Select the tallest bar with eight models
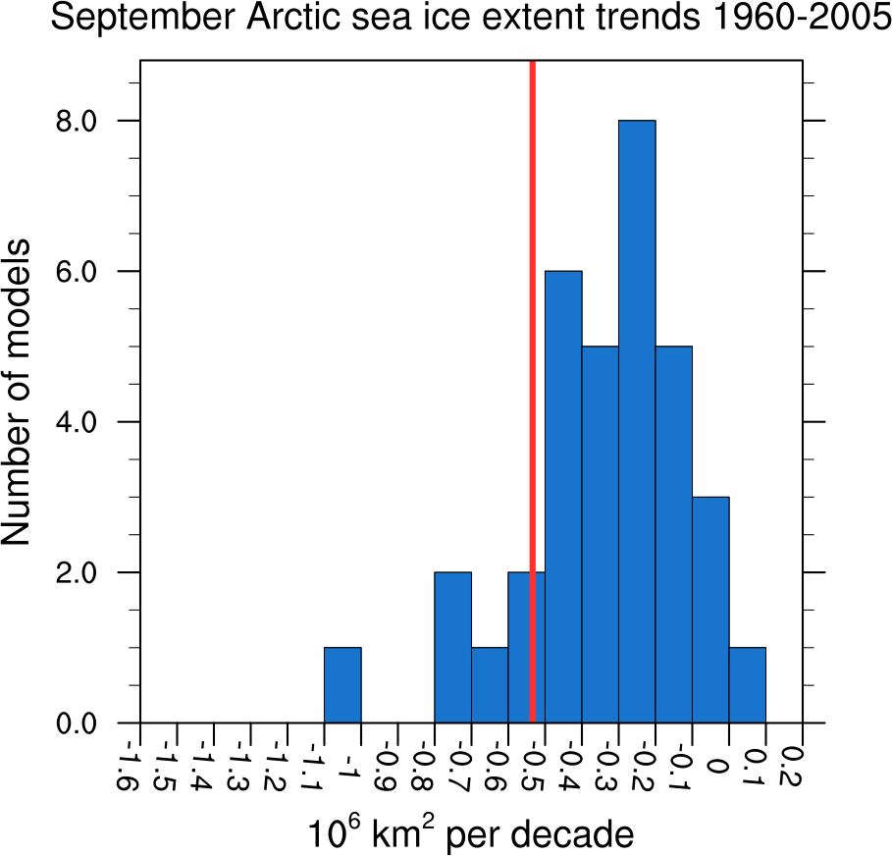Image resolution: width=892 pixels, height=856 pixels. (x=637, y=422)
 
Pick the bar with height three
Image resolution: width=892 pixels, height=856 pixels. (x=710, y=610)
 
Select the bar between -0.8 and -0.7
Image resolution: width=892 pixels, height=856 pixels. (x=452, y=648)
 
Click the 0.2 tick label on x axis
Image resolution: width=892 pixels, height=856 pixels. (x=792, y=765)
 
